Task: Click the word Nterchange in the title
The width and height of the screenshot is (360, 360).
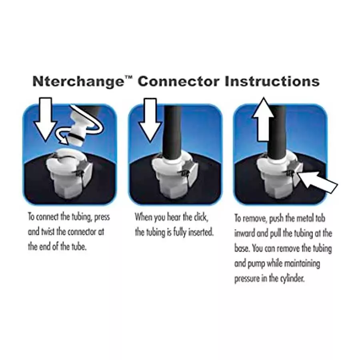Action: (x=78, y=82)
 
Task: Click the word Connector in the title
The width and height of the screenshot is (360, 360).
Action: (x=179, y=81)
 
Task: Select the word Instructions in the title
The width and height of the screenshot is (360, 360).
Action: (x=272, y=81)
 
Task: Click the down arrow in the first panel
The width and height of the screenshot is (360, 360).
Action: (x=46, y=119)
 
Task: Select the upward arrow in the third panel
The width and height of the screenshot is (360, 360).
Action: (x=264, y=119)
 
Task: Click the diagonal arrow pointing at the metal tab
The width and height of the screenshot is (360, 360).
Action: (x=318, y=182)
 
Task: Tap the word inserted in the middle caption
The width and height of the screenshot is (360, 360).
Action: (x=201, y=232)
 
